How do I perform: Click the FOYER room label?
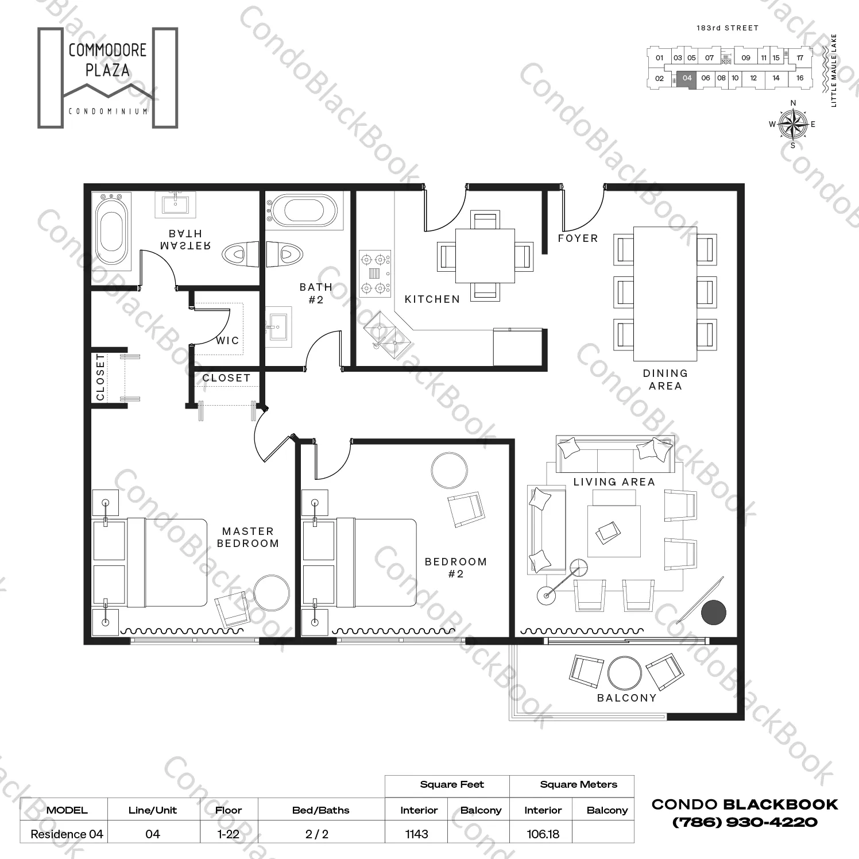pos(578,238)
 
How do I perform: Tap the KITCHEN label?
pos(432,299)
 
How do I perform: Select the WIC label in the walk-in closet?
pos(227,340)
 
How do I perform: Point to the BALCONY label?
pos(626,698)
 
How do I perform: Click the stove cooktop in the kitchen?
pos(375,274)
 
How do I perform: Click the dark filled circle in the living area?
pos(714,612)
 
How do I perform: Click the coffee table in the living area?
pos(614,530)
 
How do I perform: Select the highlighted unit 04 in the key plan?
pos(687,79)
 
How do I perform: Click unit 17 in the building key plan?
pos(799,58)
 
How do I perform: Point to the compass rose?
pos(793,124)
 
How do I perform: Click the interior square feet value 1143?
pos(416,834)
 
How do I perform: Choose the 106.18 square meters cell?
pos(543,834)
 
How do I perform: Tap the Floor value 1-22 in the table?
pos(229,834)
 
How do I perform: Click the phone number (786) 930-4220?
pos(745,822)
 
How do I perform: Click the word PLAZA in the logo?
pos(107,71)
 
